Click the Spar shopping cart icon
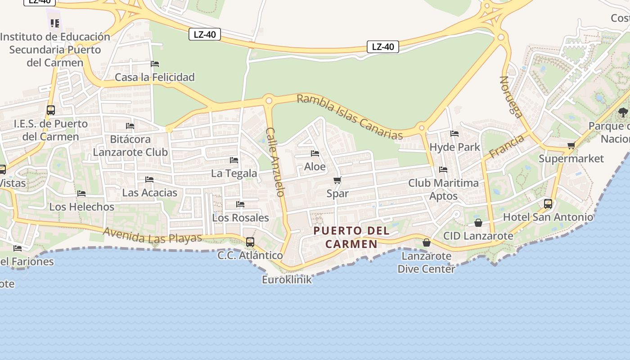pos(337,180)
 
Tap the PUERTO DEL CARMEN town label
pos(351,237)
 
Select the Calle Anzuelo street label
pos(275,162)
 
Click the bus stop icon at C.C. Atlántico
pos(250,242)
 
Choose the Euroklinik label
pos(287,279)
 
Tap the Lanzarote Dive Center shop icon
pos(426,243)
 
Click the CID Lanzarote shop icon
pos(478,223)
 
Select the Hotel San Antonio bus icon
pos(548,203)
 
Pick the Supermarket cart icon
pos(571,145)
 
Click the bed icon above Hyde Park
pos(454,134)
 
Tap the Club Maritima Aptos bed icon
pos(443,170)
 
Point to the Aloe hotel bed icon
pos(315,153)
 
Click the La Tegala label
pos(234,173)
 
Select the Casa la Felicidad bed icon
pos(155,64)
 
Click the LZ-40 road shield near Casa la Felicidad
pos(205,34)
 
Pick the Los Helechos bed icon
pos(81,193)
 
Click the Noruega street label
pos(512,97)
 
